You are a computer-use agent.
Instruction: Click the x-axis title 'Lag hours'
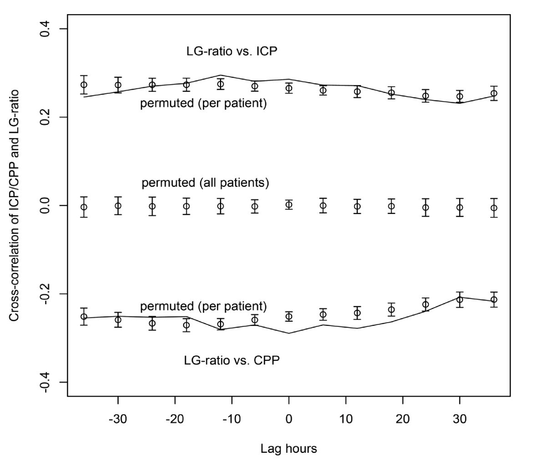pyautogui.click(x=288, y=449)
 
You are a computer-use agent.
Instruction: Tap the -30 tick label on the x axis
pyautogui.click(x=118, y=419)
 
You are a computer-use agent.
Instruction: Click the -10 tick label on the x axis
pyautogui.click(x=232, y=419)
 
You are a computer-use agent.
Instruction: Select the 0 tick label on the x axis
pyautogui.click(x=289, y=419)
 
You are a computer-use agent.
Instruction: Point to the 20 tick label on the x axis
pyautogui.click(x=403, y=419)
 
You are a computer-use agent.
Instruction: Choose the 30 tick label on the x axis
pyautogui.click(x=460, y=419)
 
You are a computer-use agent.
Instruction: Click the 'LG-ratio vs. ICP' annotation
pyautogui.click(x=232, y=51)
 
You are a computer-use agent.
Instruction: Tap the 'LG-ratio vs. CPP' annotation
pyautogui.click(x=232, y=361)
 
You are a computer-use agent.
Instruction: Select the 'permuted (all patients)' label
pyautogui.click(x=205, y=183)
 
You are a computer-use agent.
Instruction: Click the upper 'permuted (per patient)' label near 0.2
pyautogui.click(x=203, y=103)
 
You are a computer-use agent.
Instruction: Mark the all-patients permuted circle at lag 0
pyautogui.click(x=289, y=205)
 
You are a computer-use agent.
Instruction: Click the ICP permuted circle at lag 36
pyautogui.click(x=494, y=93)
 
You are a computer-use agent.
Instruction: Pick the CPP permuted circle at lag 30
pyautogui.click(x=460, y=299)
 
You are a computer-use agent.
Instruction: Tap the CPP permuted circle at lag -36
pyautogui.click(x=84, y=317)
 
